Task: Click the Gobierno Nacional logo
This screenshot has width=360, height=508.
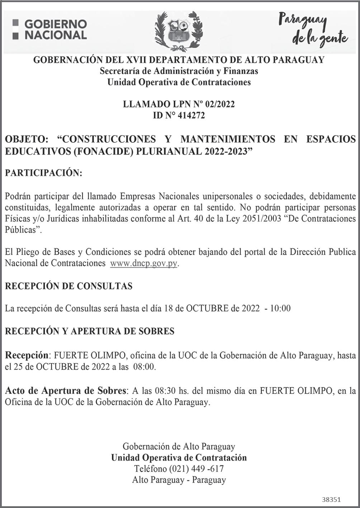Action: tap(50, 29)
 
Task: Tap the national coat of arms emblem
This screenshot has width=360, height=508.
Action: tap(178, 32)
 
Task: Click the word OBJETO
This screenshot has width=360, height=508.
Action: tap(26, 139)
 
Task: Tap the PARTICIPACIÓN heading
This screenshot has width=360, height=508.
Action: tap(43, 173)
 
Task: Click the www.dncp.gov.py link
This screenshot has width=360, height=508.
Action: tap(144, 264)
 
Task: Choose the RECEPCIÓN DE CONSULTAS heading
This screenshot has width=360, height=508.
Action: tap(68, 286)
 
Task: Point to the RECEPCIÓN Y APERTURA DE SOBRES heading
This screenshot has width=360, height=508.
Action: tap(90, 331)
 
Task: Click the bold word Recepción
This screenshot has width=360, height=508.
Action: tap(26, 355)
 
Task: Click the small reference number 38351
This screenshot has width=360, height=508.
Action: tap(331, 499)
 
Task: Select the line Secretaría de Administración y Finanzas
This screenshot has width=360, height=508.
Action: tap(179, 71)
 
